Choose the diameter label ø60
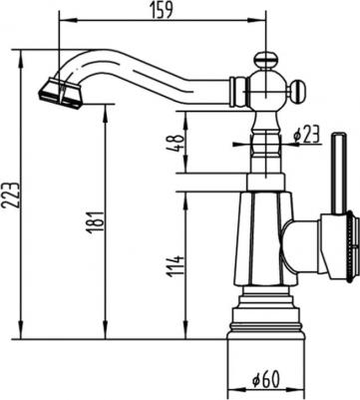click(264, 379)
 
